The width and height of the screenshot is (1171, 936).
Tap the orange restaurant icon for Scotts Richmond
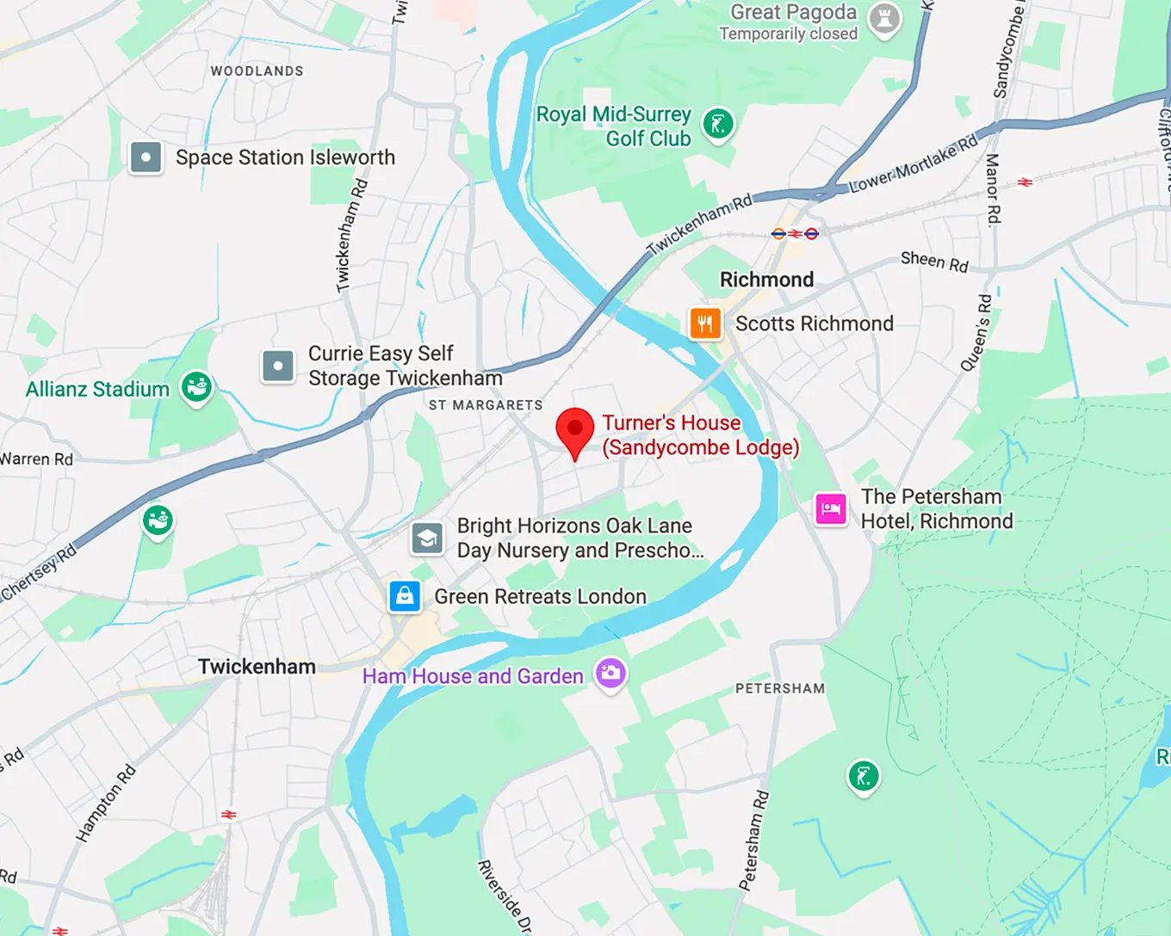(x=705, y=323)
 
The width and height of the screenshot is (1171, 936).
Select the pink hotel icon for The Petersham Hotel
(x=831, y=508)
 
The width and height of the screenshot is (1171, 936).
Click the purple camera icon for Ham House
(x=610, y=673)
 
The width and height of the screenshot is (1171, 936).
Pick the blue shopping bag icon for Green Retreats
(x=405, y=595)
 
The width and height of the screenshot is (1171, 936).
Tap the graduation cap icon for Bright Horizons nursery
(x=427, y=539)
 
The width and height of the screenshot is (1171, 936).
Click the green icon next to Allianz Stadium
(x=196, y=387)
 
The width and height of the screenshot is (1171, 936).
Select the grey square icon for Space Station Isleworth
(x=146, y=157)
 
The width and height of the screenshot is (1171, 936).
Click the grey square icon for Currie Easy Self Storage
(x=278, y=366)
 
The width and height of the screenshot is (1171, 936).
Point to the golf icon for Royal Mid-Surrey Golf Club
(x=718, y=124)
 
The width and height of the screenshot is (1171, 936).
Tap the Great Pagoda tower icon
(x=884, y=18)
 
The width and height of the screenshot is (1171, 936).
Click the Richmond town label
(x=766, y=280)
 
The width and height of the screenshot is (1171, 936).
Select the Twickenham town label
(x=257, y=667)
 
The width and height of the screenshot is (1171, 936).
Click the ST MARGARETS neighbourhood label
(x=486, y=405)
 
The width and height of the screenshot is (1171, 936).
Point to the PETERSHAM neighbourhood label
(x=780, y=688)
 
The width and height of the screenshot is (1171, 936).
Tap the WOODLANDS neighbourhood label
(x=257, y=71)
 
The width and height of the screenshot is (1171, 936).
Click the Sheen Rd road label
(x=934, y=262)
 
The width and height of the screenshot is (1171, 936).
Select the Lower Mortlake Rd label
(x=914, y=163)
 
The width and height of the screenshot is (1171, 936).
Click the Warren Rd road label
(x=36, y=459)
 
